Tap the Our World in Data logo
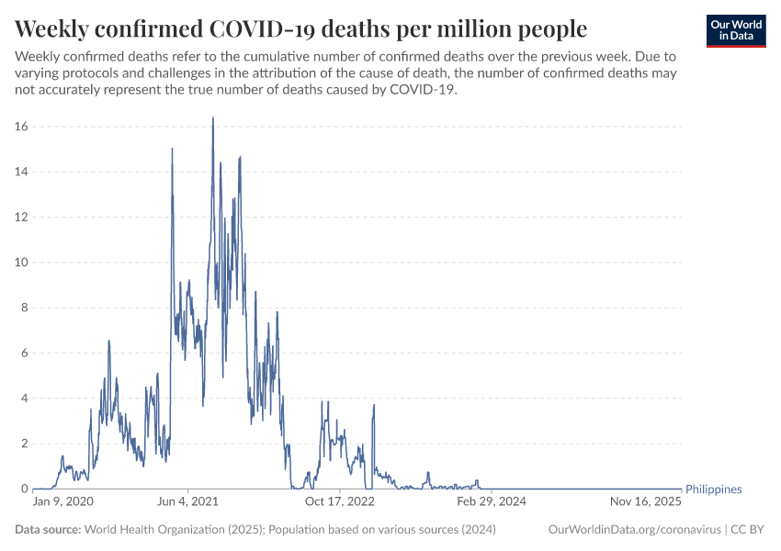736,30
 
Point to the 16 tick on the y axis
21,127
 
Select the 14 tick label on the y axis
21,172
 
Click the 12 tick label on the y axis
21,217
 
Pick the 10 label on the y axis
21,263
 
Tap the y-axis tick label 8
25,308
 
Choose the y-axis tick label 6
25,353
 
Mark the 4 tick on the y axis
25,399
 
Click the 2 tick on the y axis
25,444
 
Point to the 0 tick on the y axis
25,489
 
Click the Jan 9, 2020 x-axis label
63,502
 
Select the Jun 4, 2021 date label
188,502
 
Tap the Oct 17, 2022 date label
340,502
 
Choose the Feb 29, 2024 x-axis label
491,502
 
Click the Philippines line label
714,489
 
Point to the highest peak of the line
212,118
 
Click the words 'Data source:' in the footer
48,530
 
